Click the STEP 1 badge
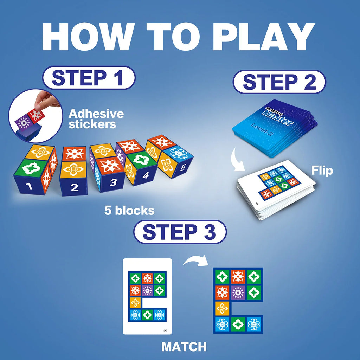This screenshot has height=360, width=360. [x=88, y=78]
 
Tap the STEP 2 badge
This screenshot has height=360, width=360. [x=279, y=82]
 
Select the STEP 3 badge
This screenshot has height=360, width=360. [x=180, y=232]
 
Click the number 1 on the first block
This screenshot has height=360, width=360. [x=30, y=186]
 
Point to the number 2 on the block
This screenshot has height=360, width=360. [x=74, y=187]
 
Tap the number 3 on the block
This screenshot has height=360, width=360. [x=113, y=182]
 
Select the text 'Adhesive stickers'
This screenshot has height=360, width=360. [x=96, y=119]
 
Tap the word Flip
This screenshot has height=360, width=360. [x=322, y=171]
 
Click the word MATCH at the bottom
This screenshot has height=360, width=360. [x=184, y=347]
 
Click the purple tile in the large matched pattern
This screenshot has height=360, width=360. [x=238, y=292]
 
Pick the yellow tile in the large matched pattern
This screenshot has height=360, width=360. [x=222, y=308]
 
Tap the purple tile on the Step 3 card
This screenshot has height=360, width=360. [x=147, y=290]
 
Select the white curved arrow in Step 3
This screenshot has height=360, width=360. [x=194, y=262]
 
